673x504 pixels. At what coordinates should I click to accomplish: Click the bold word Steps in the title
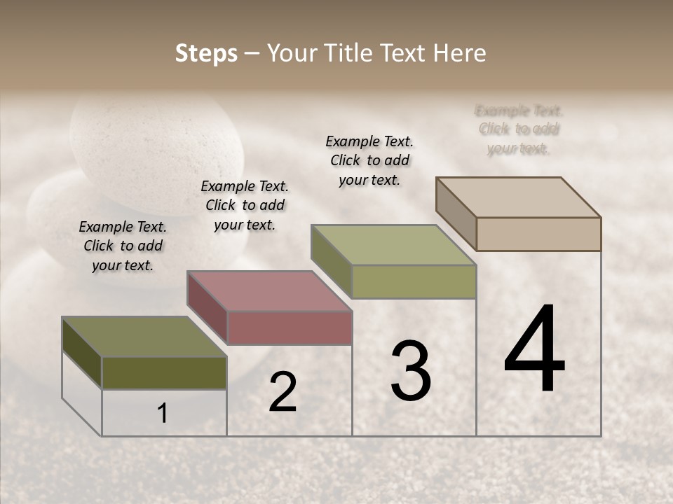click(x=206, y=53)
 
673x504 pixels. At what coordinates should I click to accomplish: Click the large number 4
click(x=534, y=349)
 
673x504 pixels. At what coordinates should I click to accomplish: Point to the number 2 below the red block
click(x=283, y=393)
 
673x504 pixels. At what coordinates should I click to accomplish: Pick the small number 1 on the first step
click(x=163, y=414)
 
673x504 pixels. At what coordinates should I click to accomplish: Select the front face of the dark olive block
click(x=164, y=372)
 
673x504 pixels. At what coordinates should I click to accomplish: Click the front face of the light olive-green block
click(x=414, y=281)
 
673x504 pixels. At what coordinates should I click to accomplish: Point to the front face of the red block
click(x=289, y=328)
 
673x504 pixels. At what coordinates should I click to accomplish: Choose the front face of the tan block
click(x=538, y=234)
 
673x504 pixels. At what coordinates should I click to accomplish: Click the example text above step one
click(x=123, y=246)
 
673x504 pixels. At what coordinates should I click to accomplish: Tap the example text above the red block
click(x=245, y=205)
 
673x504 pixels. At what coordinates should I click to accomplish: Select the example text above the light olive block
click(x=369, y=160)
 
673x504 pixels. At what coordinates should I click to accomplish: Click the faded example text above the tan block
click(x=519, y=129)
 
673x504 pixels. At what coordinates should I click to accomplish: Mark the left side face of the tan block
click(x=456, y=213)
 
